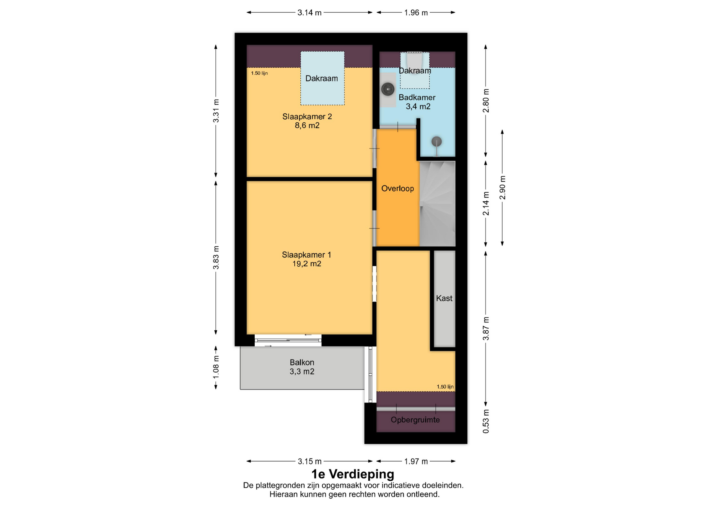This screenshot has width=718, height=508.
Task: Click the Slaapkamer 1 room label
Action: tap(306, 255)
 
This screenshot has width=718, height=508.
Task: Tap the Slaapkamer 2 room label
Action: tap(307, 116)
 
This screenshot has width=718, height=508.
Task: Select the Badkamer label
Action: tap(417, 97)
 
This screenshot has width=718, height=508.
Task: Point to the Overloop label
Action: tap(398, 189)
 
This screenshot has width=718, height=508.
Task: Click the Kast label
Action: tap(444, 298)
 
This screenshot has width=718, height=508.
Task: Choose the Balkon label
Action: tap(302, 362)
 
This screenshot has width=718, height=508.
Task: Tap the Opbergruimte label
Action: tap(415, 420)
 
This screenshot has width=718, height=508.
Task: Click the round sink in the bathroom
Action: tap(388, 89)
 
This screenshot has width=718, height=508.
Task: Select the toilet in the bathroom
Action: tap(414, 60)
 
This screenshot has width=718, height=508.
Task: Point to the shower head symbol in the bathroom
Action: tap(436, 142)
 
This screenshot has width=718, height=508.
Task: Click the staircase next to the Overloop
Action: tap(437, 204)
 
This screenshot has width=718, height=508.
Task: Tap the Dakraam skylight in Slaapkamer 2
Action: tap(322, 78)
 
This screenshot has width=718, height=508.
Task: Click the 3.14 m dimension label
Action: tap(309, 13)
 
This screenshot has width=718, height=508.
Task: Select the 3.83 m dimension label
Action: tap(216, 258)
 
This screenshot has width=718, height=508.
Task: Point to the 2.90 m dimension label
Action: tap(502, 188)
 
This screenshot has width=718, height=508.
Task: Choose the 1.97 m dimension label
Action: tap(416, 461)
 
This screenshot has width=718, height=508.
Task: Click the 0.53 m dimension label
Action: tap(486, 421)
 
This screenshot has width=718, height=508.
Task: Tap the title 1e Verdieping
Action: tap(353, 474)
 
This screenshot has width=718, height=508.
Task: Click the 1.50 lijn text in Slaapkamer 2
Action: tap(259, 73)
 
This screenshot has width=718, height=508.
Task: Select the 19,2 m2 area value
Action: tap(307, 264)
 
